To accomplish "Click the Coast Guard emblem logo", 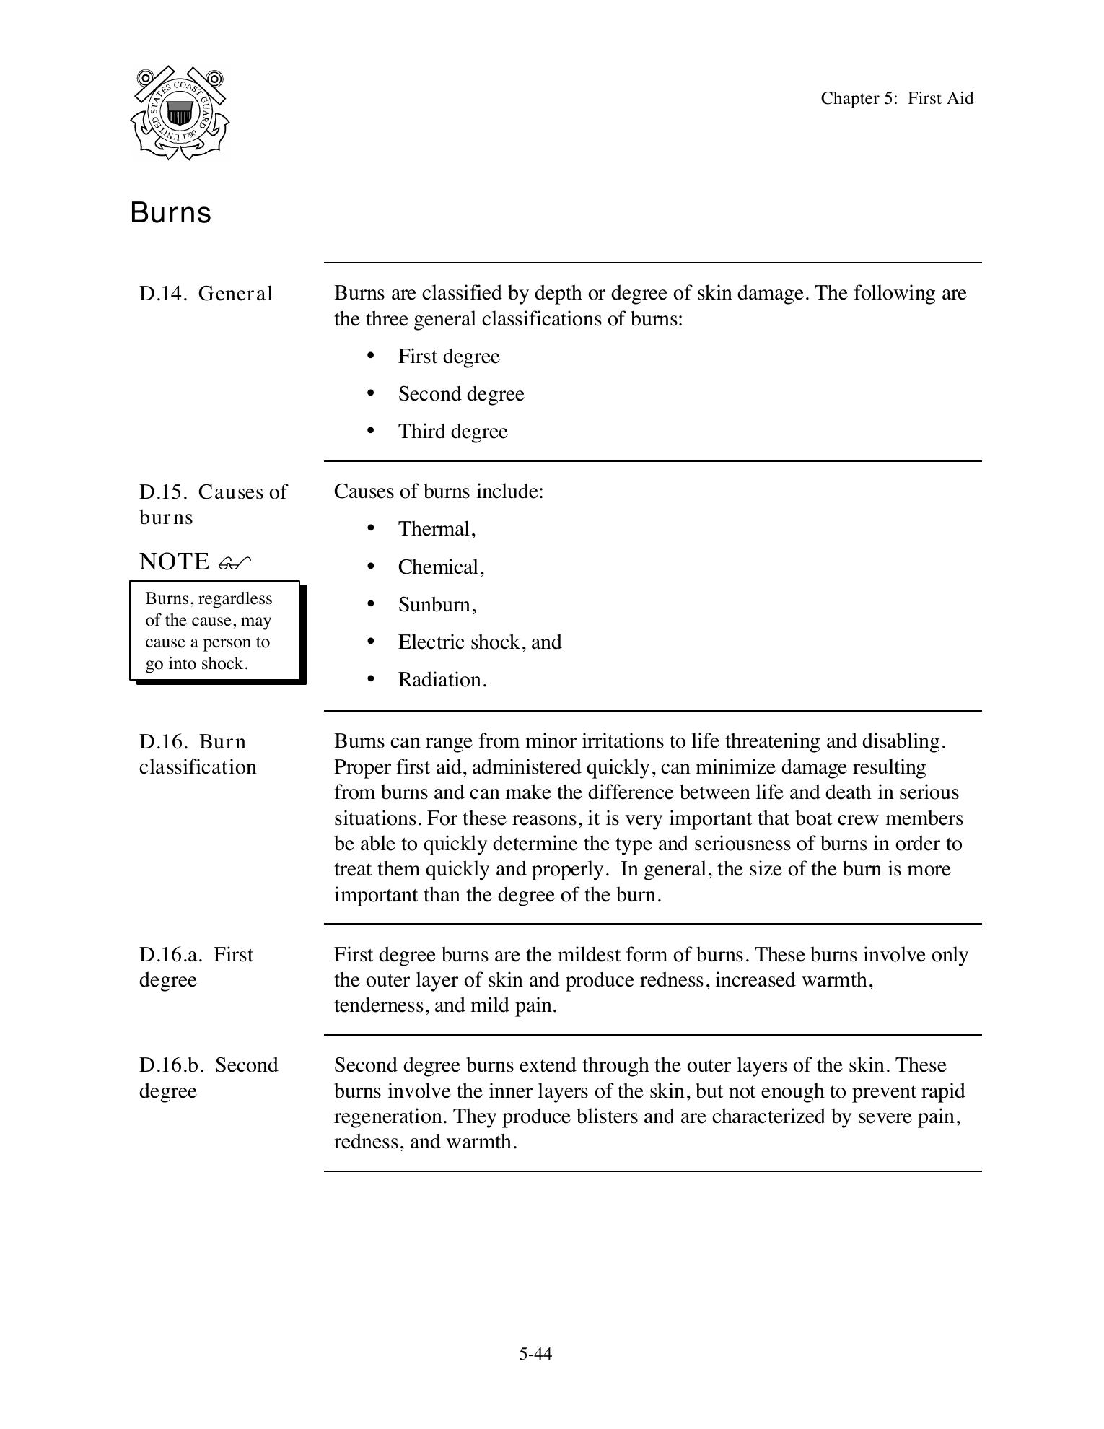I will click(180, 113).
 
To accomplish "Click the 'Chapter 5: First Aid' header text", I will click(896, 98).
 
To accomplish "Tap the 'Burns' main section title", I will click(170, 213).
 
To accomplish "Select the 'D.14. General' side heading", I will click(206, 294).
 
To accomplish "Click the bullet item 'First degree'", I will click(448, 357).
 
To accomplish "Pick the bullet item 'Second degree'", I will click(460, 394).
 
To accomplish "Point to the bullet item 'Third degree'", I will click(452, 432).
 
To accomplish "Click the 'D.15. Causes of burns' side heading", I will click(212, 504).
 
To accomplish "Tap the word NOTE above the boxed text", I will click(174, 561).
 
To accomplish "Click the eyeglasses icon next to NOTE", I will click(235, 562).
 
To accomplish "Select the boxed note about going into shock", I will click(214, 631).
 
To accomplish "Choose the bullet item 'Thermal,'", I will click(437, 529).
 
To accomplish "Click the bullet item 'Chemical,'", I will click(441, 567).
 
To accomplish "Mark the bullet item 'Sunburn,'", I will click(437, 605).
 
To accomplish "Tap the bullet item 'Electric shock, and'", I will click(479, 642).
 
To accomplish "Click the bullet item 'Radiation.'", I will click(442, 680).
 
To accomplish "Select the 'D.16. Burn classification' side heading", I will click(197, 754).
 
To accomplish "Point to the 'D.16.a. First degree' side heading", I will click(196, 967).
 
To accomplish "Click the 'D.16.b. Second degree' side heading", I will click(208, 1078).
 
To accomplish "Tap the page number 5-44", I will click(535, 1354).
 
